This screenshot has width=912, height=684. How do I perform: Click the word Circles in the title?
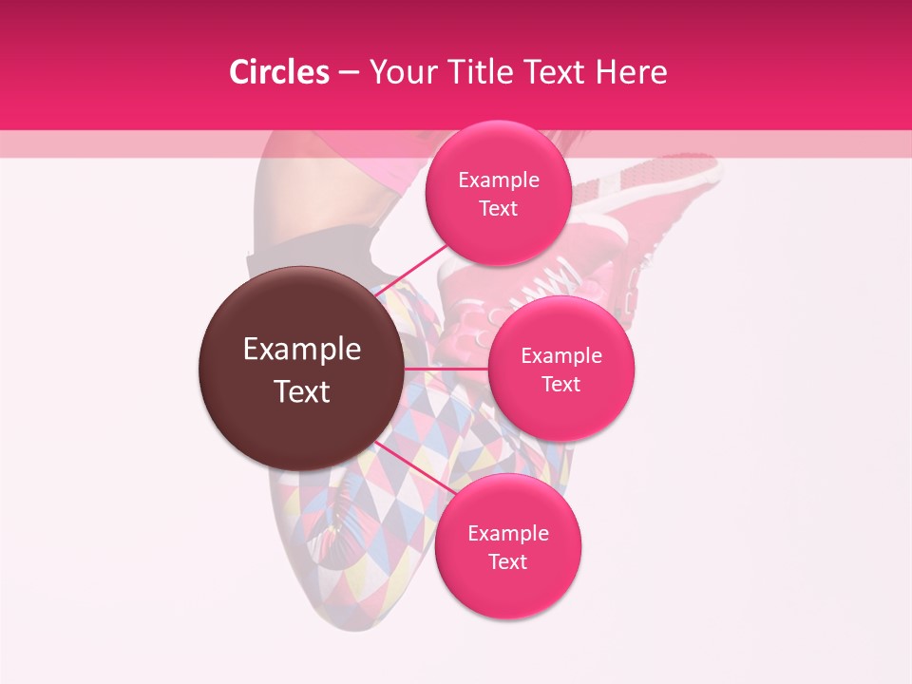(279, 72)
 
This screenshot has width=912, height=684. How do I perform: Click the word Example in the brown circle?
(302, 350)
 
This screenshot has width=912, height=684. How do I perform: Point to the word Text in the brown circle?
(302, 391)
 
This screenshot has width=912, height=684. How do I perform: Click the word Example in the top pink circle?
(499, 180)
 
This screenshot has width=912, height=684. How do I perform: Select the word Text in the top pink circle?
(498, 209)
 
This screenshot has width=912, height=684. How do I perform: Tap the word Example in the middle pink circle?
(561, 356)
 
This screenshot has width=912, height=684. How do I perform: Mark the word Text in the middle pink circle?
(560, 385)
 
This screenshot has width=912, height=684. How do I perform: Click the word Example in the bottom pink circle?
(508, 534)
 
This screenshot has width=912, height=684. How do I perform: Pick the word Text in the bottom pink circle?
(507, 562)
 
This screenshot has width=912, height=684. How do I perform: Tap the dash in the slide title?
(349, 73)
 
